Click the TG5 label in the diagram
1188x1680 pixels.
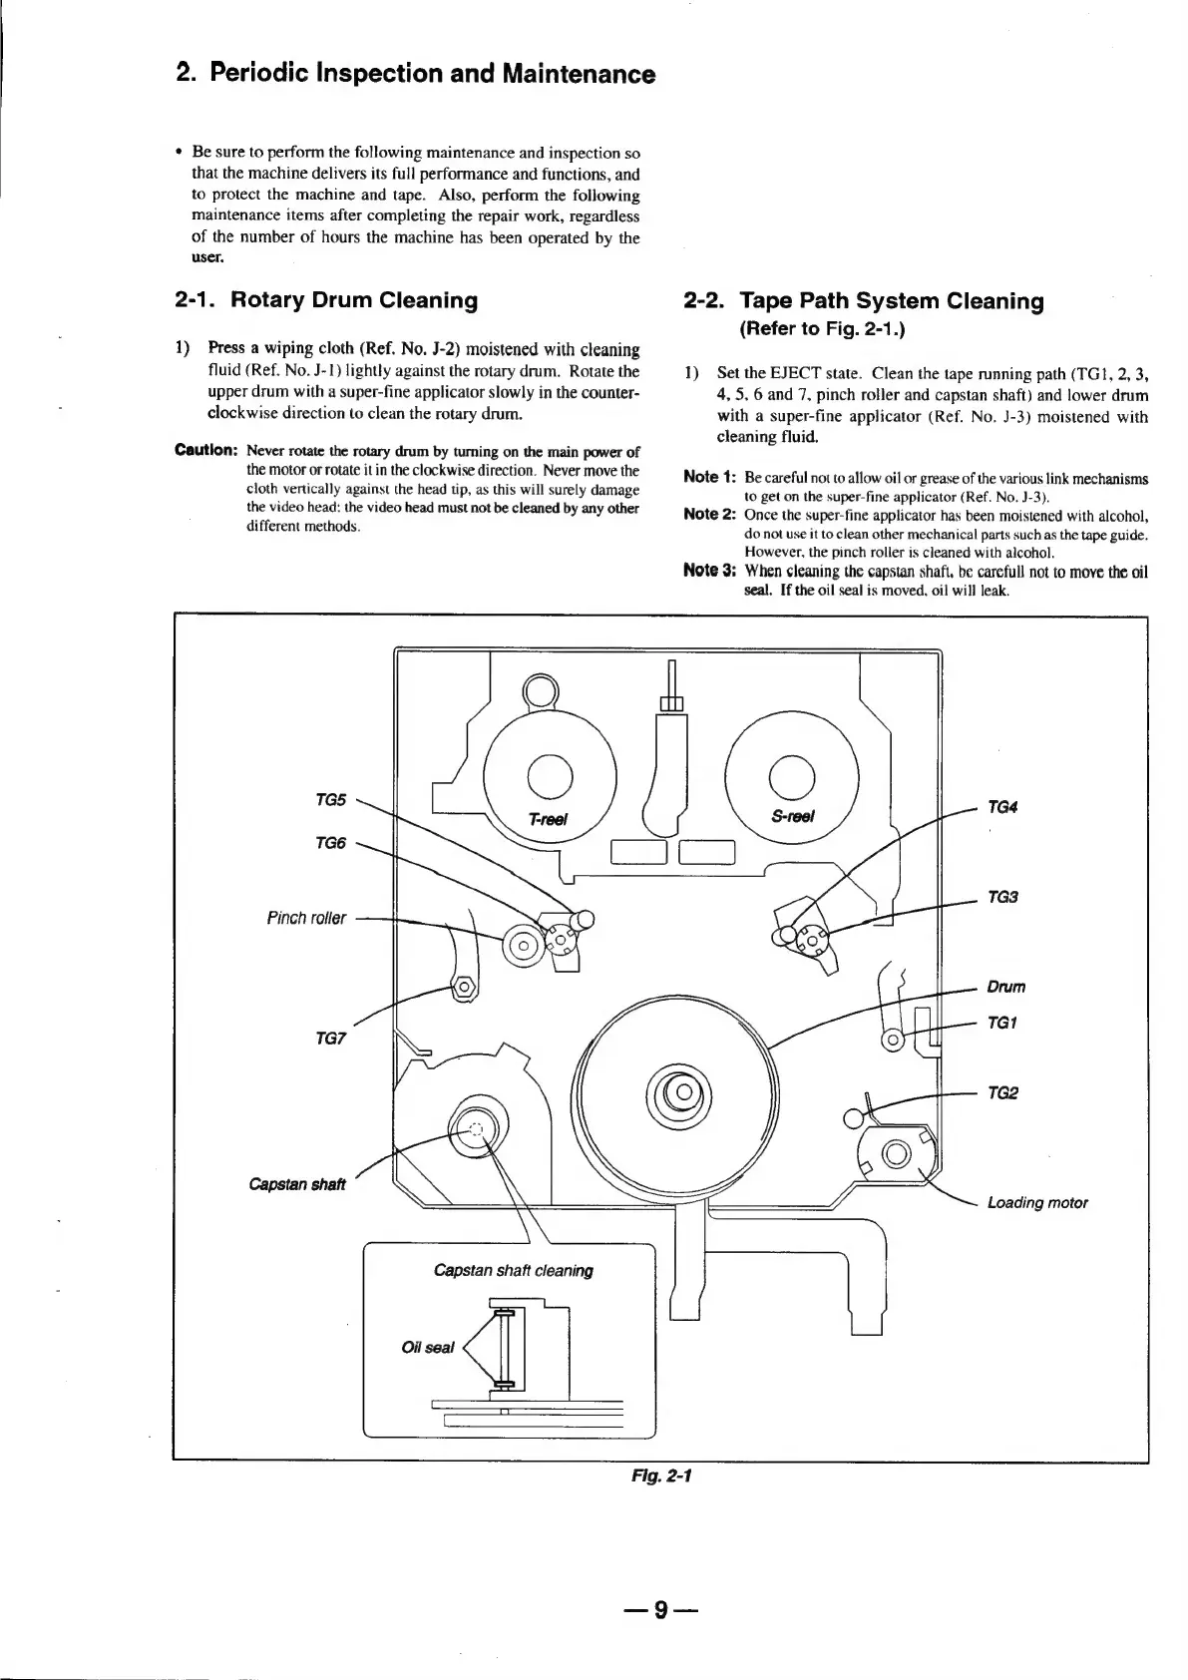(330, 799)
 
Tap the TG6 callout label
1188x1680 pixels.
(330, 843)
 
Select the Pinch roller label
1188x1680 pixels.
(306, 918)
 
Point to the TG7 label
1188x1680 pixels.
(330, 1039)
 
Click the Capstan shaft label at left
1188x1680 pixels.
(297, 1184)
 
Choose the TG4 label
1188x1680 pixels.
(1002, 807)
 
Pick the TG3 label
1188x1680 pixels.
(1002, 897)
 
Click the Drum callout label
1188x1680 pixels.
(1005, 987)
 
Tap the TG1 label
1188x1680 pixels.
(1002, 1023)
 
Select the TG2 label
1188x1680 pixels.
(1002, 1092)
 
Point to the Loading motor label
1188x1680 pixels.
(1037, 1202)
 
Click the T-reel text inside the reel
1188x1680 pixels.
(548, 819)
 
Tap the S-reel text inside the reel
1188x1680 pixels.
(793, 816)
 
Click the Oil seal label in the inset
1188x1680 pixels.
(427, 1348)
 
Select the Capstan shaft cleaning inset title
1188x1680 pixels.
(514, 1270)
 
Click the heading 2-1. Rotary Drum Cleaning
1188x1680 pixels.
(326, 300)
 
